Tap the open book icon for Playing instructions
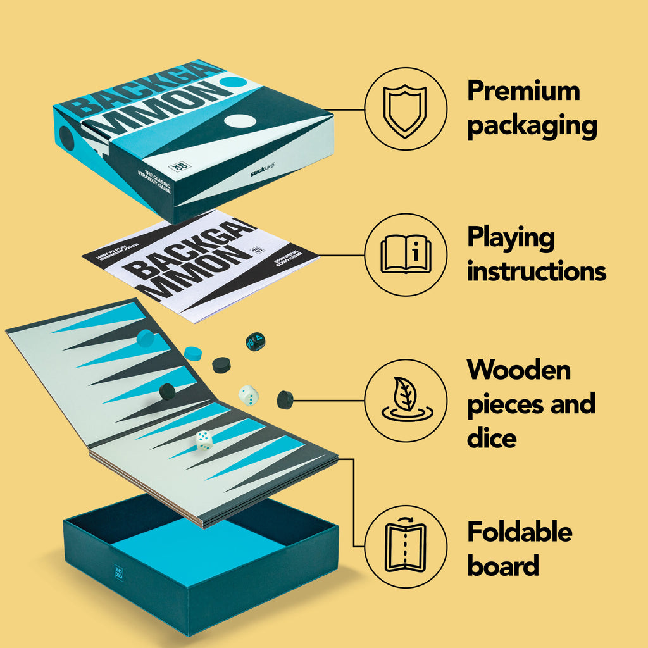406,254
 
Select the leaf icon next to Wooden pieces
406,400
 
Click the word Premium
523,92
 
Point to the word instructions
537,271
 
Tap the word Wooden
519,370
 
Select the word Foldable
520,532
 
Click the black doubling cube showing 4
256,342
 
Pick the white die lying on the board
204,440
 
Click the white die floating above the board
249,396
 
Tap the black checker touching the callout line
285,400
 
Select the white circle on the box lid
239,121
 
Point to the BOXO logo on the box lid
179,166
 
